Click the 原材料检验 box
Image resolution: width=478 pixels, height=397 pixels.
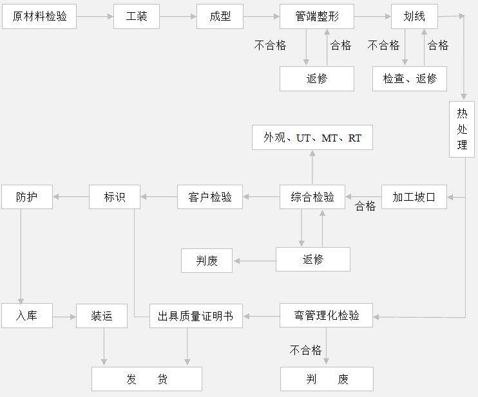coord(39,17)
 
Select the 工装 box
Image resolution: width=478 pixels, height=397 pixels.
coord(137,17)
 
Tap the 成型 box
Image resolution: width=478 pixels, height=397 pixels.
coord(220,17)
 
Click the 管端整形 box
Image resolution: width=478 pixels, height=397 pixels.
coord(317,17)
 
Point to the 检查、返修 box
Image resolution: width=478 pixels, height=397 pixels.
coord(410,78)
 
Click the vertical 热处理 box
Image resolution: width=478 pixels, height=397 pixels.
coord(462,129)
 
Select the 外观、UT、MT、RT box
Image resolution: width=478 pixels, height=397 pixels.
coord(312,138)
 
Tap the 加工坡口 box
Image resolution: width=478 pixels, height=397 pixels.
coord(414,197)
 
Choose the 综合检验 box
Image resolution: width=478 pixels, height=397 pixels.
coord(312,197)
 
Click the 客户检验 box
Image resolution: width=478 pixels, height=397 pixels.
coord(210,197)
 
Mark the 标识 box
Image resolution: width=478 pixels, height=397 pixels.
coord(115,197)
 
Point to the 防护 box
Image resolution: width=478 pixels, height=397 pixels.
coord(26,197)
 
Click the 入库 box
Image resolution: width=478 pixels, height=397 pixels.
coord(26,316)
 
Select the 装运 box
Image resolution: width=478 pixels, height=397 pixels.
coord(102,316)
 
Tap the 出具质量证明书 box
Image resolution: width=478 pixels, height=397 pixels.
coord(196,316)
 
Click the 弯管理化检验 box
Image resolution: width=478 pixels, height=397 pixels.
coord(327,316)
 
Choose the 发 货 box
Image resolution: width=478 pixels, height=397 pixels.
coord(147,379)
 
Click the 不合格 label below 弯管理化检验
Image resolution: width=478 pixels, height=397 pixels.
coord(306,350)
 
